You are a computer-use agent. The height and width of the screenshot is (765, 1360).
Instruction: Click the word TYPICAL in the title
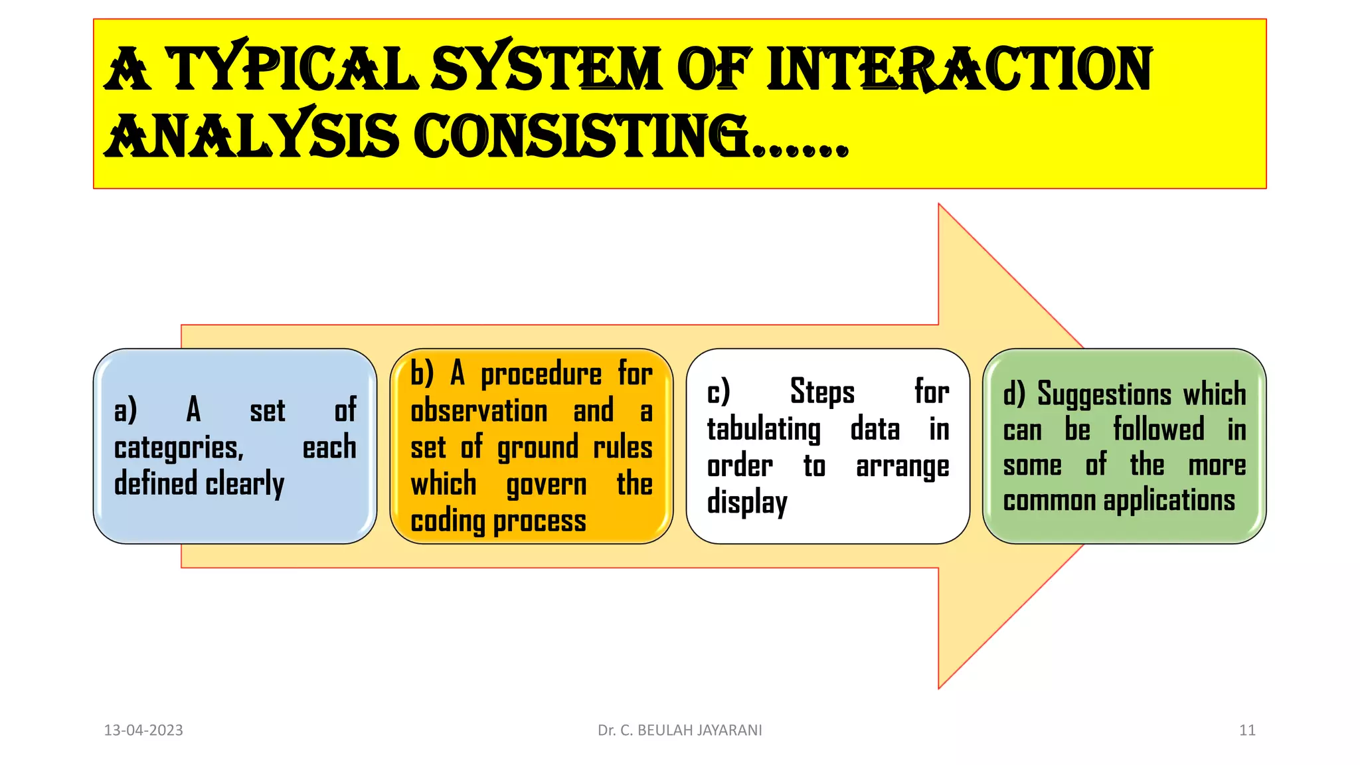[x=292, y=69]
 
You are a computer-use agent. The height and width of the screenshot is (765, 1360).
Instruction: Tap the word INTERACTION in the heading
[x=960, y=69]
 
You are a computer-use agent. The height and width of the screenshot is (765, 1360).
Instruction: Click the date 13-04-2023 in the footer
[x=143, y=730]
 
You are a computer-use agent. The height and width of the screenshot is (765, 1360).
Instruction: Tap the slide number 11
[x=1247, y=730]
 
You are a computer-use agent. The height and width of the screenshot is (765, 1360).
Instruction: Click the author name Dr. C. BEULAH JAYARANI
[x=679, y=730]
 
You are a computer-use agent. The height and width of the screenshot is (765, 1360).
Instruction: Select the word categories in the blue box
[x=178, y=448]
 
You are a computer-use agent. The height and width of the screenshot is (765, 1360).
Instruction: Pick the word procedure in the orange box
[x=541, y=375]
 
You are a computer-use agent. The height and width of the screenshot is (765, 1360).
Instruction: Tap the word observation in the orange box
[x=479, y=411]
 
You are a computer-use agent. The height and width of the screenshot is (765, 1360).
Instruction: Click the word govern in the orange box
[x=547, y=485]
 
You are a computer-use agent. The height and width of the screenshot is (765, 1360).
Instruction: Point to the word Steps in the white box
[x=822, y=392]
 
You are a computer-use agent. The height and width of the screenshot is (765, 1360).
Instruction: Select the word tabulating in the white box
[x=764, y=430]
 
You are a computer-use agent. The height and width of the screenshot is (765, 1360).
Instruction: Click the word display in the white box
[x=747, y=503]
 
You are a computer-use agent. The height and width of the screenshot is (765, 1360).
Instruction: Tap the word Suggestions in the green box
[x=1104, y=394]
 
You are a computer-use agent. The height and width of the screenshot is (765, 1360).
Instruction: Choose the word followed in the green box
[x=1158, y=429]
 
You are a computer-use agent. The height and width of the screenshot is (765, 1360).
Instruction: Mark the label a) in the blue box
[x=126, y=410]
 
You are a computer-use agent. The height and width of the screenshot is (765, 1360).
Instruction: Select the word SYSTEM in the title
[x=547, y=69]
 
